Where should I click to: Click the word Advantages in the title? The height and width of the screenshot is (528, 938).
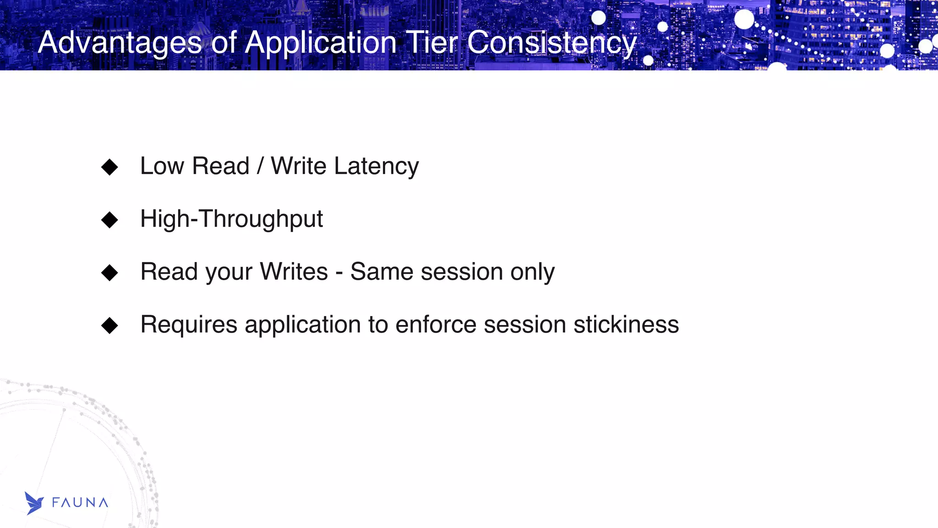click(120, 43)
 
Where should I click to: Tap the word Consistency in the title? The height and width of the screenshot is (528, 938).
click(552, 43)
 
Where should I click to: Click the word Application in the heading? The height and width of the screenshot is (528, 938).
click(321, 43)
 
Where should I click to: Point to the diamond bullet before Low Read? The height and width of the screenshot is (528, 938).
click(109, 167)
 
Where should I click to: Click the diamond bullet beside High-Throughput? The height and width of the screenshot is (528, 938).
click(109, 220)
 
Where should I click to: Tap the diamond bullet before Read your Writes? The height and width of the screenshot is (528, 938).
click(109, 272)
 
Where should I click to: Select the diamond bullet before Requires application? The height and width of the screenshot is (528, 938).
click(109, 326)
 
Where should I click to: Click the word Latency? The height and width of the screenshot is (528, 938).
click(376, 166)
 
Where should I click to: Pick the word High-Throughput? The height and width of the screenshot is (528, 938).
click(231, 219)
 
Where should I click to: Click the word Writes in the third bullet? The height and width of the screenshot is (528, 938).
click(294, 272)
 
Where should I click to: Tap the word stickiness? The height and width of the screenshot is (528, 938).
click(626, 325)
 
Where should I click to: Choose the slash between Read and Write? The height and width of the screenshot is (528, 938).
click(260, 166)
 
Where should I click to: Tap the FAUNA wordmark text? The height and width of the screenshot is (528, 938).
click(80, 503)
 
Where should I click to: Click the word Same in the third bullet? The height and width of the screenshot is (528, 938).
click(382, 272)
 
